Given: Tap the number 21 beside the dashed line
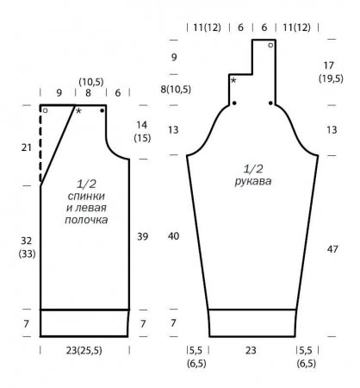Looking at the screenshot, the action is tap(27, 147).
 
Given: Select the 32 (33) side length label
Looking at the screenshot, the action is tap(27, 247).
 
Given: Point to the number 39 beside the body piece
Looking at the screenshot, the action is tap(142, 236).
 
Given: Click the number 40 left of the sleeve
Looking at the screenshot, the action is tap(173, 236).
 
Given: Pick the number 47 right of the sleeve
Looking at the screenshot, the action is tap(332, 249).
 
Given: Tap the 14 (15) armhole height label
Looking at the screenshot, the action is tap(142, 132).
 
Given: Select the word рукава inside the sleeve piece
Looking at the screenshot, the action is tap(252, 182).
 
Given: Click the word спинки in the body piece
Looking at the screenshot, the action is tap(86, 197).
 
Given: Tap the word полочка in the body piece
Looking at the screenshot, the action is tap(86, 220).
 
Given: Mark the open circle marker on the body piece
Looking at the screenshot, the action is tap(45, 110).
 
